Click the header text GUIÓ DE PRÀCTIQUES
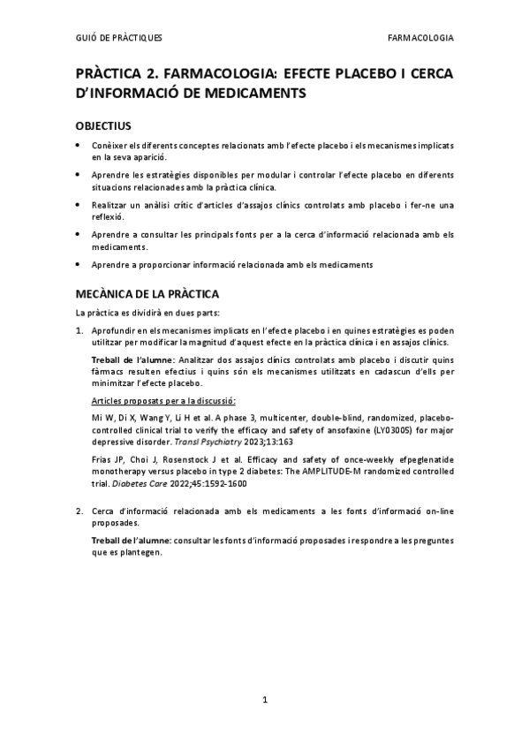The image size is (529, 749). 118,38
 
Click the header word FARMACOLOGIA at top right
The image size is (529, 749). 420,38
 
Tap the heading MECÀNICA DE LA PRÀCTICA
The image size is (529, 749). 147,293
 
